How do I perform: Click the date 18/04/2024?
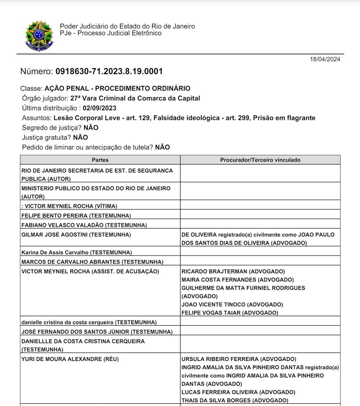click(x=325, y=59)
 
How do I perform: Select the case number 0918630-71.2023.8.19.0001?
click(x=109, y=71)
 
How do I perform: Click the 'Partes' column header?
click(x=100, y=160)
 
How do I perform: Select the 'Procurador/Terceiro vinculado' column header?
click(x=260, y=160)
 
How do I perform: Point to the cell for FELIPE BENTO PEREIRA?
click(x=76, y=216)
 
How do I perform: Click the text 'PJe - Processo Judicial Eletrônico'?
click(x=111, y=33)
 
